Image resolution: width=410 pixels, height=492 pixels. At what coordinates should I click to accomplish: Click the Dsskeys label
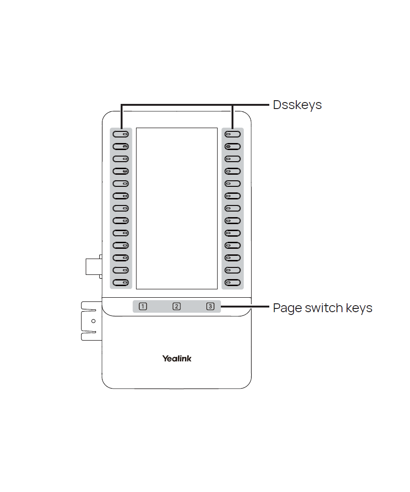point(297,105)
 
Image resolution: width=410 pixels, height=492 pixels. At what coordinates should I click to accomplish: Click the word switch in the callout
point(324,308)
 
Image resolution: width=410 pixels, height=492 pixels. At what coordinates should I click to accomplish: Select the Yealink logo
point(177,358)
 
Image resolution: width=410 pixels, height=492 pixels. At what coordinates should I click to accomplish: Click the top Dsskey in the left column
point(121,134)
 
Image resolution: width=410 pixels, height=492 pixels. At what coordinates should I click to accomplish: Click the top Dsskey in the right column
point(232,134)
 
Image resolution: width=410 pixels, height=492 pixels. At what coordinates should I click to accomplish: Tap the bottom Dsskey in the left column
point(121,283)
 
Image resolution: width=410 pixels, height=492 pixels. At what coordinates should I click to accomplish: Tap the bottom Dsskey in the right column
point(232,283)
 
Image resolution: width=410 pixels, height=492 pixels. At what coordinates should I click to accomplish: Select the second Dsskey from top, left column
point(121,147)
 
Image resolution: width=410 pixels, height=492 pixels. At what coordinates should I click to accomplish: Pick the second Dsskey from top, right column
point(232,147)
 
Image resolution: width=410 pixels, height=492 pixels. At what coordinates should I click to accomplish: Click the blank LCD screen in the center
point(177,208)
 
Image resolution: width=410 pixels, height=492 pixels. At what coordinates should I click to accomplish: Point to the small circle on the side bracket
point(93,321)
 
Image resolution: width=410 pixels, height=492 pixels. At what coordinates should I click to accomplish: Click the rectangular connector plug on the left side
point(93,266)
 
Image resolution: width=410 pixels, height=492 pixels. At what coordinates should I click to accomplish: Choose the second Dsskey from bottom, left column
point(121,270)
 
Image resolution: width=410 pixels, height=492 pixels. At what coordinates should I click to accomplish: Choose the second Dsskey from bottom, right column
point(232,270)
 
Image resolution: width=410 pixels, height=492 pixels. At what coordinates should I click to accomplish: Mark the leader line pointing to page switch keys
point(245,307)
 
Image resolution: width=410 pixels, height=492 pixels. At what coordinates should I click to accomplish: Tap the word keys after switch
point(359,308)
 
